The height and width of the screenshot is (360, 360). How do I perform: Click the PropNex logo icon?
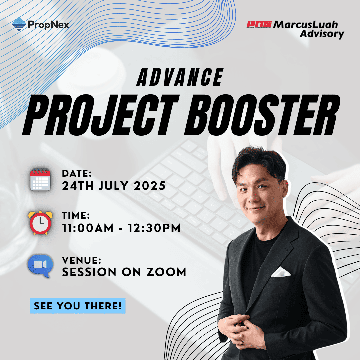pyautogui.click(x=19, y=24)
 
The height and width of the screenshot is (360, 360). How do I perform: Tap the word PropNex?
pyautogui.click(x=49, y=25)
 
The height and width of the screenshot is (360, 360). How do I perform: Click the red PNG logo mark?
pyautogui.click(x=259, y=24)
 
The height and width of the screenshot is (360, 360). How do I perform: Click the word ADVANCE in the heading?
pyautogui.click(x=180, y=77)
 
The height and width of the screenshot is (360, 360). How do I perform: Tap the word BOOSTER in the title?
pyautogui.click(x=258, y=114)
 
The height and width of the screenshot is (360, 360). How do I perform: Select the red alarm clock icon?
pyautogui.click(x=40, y=222)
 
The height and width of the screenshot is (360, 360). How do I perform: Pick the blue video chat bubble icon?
pyautogui.click(x=40, y=266)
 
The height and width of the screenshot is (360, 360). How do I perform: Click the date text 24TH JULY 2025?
pyautogui.click(x=114, y=186)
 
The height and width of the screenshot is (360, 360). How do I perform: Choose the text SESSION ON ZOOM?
pyautogui.click(x=124, y=272)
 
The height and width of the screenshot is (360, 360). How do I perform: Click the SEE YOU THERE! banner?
pyautogui.click(x=77, y=306)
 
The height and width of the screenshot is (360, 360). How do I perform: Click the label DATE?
pyautogui.click(x=77, y=174)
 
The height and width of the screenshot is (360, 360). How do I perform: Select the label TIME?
pyautogui.click(x=76, y=216)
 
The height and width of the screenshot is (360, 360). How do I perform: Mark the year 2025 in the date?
pyautogui.click(x=150, y=186)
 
